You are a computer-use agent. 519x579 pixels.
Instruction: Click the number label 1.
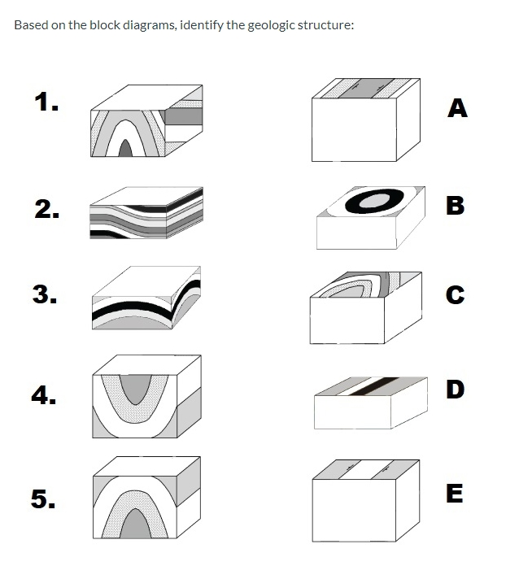[46, 102]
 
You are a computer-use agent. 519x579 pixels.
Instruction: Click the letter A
[457, 107]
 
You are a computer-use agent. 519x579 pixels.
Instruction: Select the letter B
[457, 206]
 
